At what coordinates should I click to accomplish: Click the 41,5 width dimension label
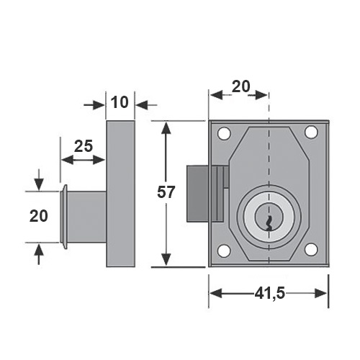click(270, 293)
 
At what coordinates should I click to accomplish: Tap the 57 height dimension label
click(166, 192)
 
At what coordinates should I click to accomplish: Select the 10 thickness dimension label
click(120, 102)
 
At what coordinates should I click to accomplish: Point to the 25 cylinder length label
click(84, 146)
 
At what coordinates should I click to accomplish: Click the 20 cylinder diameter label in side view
click(39, 216)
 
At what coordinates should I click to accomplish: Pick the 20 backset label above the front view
click(241, 86)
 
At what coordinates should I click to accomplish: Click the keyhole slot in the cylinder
click(269, 223)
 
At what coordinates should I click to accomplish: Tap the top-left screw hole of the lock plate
click(224, 132)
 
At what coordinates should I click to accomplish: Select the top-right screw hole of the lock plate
click(311, 132)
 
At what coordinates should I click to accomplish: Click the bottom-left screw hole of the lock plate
click(224, 251)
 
